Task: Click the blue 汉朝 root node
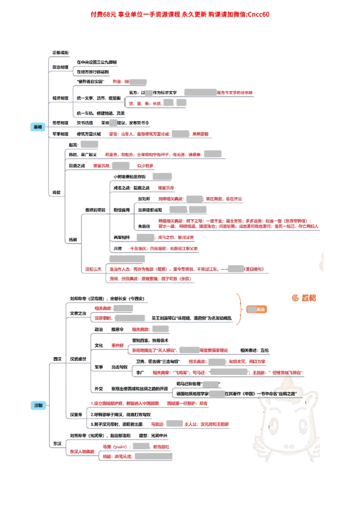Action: click(39, 405)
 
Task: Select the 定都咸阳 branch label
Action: click(60, 53)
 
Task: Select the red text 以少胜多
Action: click(145, 165)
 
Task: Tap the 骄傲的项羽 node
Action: click(95, 210)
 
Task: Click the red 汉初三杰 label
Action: click(94, 269)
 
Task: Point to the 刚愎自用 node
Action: click(121, 210)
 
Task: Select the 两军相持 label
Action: click(121, 237)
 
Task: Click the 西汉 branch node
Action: click(57, 359)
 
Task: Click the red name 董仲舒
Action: click(119, 345)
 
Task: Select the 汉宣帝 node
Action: click(76, 414)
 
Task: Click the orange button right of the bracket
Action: click(257, 309)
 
